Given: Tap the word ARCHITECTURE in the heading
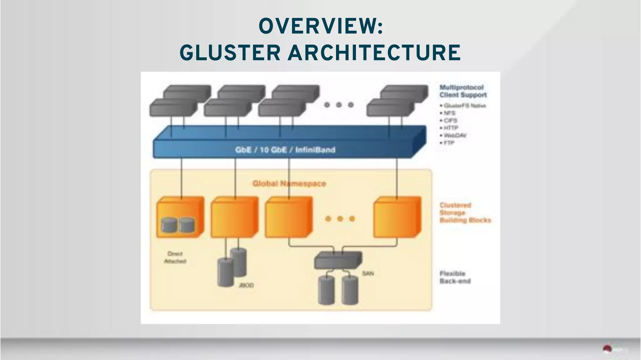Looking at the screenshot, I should pyautogui.click(x=374, y=53).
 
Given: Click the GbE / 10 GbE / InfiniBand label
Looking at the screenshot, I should pyautogui.click(x=285, y=150).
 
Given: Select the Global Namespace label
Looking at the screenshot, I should pyautogui.click(x=289, y=184).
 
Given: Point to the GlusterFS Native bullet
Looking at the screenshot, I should pyautogui.click(x=464, y=106).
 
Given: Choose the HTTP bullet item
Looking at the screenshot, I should pyautogui.click(x=451, y=128).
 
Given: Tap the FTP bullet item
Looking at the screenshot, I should pyautogui.click(x=449, y=143).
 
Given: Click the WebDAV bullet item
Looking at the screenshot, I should pyautogui.click(x=455, y=135).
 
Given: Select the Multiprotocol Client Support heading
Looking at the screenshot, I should pyautogui.click(x=463, y=91).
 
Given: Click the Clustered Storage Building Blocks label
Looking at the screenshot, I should pyautogui.click(x=464, y=213).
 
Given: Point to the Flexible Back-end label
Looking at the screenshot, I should pyautogui.click(x=455, y=277).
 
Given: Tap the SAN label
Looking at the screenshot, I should pyautogui.click(x=368, y=274).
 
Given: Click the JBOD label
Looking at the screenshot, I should pyautogui.click(x=246, y=286).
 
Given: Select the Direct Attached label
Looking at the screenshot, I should pyautogui.click(x=175, y=257).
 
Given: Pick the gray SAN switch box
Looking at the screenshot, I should pyautogui.click(x=338, y=260).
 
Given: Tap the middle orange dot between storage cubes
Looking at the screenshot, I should pyautogui.click(x=340, y=219).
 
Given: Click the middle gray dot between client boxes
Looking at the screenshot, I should pyautogui.click(x=339, y=105).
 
